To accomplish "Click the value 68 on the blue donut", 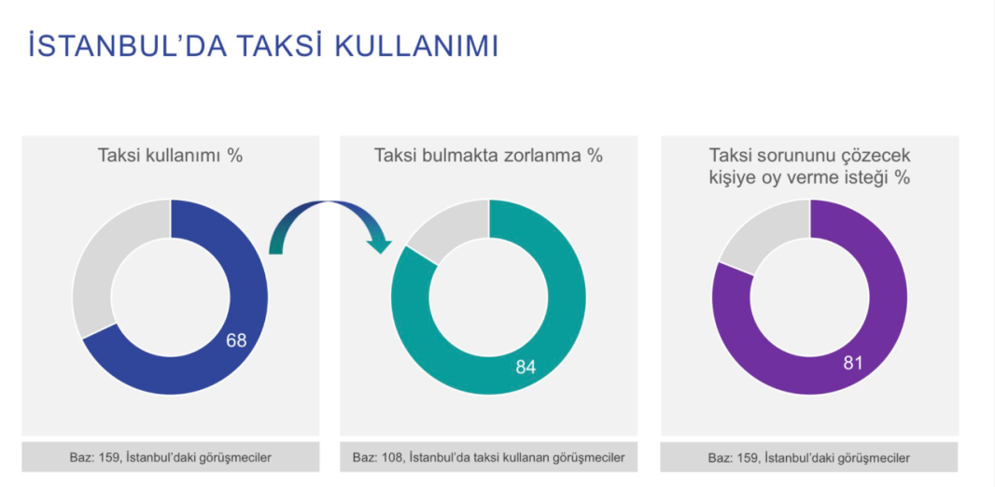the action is (236, 341).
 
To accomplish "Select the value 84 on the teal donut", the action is (526, 368).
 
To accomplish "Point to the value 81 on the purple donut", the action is (852, 364).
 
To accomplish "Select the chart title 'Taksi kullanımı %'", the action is (170, 156).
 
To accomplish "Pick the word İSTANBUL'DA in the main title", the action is (128, 47).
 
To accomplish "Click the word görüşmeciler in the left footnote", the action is (241, 457).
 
